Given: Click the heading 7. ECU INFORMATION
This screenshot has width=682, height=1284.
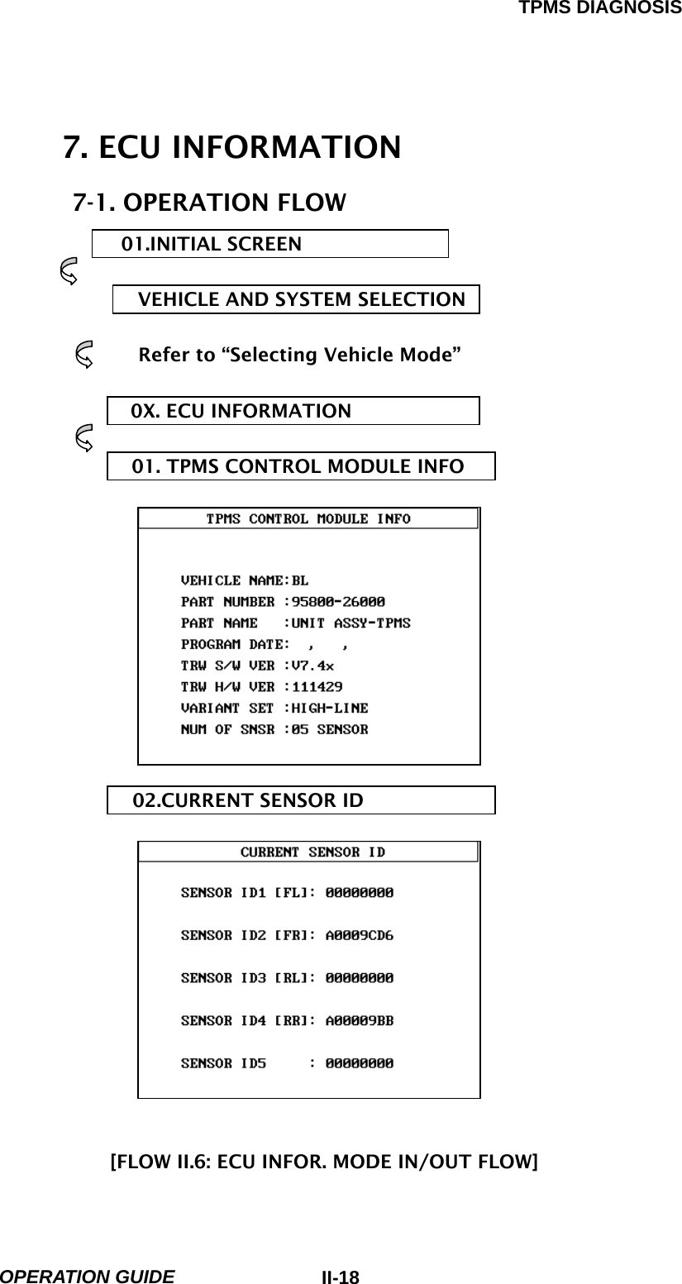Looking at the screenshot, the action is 232,148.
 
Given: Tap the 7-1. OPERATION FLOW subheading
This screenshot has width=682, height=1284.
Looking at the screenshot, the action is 210,203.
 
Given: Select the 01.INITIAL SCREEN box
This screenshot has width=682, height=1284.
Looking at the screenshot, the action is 269,244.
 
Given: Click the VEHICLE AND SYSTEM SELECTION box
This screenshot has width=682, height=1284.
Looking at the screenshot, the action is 296,299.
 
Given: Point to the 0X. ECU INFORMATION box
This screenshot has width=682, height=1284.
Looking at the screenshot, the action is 293,411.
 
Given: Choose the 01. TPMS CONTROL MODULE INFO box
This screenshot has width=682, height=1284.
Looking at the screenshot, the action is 301,466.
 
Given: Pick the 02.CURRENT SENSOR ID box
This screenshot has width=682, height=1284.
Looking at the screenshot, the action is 301,800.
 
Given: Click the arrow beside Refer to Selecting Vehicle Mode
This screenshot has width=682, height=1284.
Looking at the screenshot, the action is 84,356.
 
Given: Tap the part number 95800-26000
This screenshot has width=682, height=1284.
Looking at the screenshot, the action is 338,601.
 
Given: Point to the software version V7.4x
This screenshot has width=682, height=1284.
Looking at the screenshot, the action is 312,665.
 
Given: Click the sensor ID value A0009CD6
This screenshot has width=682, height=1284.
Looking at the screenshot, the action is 360,936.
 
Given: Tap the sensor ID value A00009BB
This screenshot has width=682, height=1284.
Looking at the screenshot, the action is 360,1020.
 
